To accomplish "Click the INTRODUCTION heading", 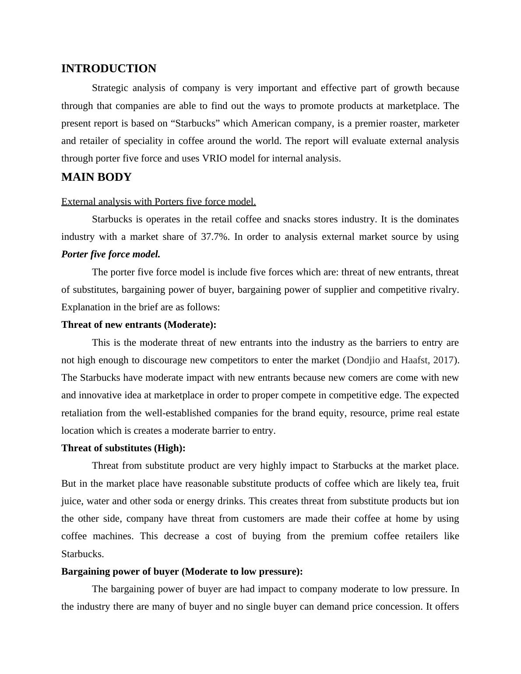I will point(109,69).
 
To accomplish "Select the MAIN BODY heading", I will point(96,177).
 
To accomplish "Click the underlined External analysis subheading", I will point(158,202).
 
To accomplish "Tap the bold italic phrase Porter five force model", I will point(111,254).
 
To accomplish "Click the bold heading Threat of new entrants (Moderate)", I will point(139,325).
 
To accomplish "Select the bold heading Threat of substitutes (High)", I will point(123,448).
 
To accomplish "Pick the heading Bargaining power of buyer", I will point(182,572).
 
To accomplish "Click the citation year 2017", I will point(443,360).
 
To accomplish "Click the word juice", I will point(71,501).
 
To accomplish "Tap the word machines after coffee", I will point(113,536).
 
